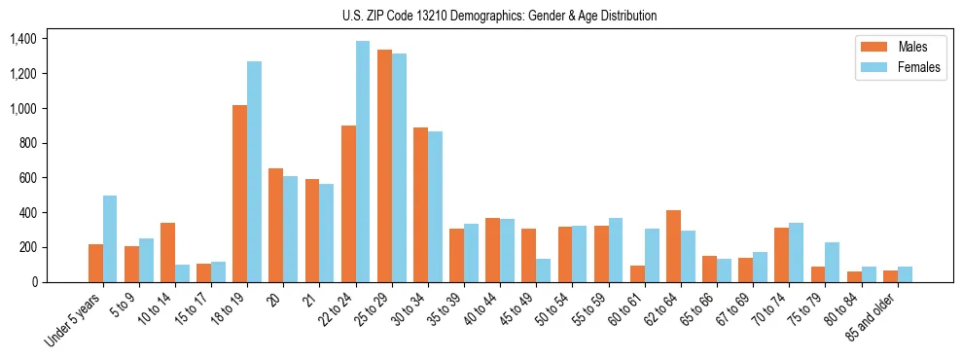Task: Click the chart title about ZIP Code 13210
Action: tap(499, 16)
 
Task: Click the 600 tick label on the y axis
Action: tap(27, 178)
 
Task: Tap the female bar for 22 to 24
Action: tap(363, 162)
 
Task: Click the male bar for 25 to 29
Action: tap(384, 165)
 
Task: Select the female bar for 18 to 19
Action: tap(254, 172)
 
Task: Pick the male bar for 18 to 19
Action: tap(239, 194)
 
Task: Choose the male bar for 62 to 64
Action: tap(673, 246)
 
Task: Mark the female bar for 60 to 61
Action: tap(652, 255)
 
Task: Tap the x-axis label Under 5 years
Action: tap(73, 320)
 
